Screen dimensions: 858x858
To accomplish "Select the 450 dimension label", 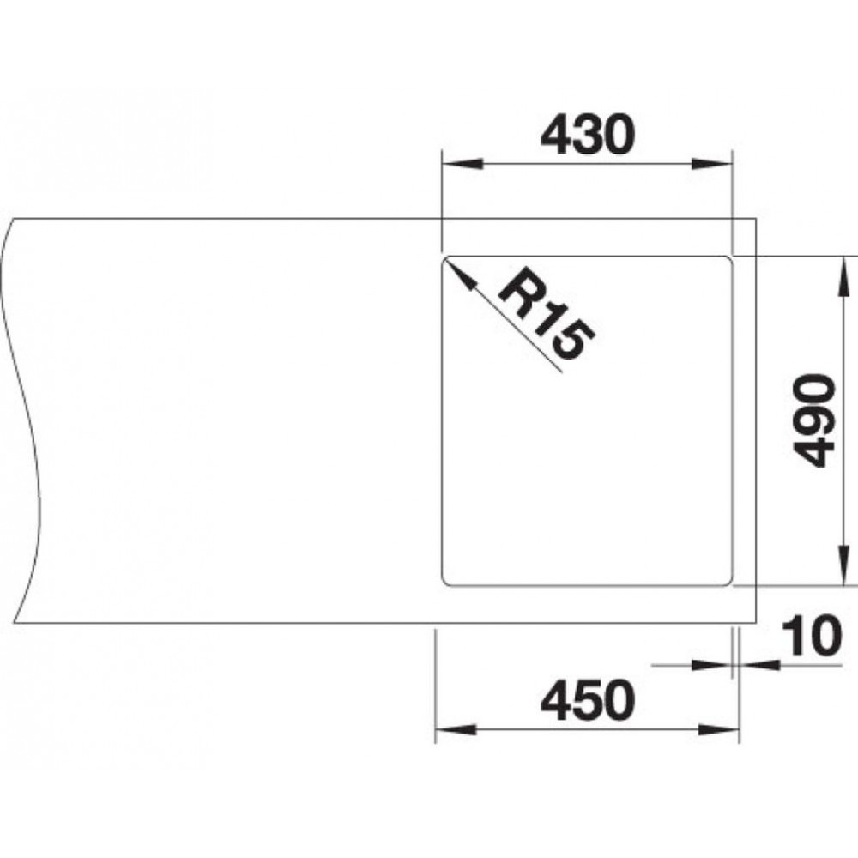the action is (588, 700).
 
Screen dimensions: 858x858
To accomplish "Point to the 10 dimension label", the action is (811, 636).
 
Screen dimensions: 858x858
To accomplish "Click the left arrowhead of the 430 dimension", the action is (462, 164).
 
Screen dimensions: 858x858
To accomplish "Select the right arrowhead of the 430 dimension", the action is (711, 164).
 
